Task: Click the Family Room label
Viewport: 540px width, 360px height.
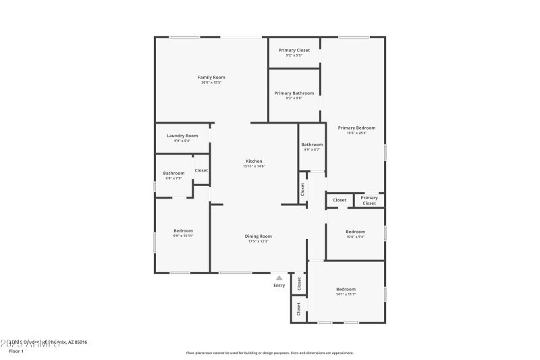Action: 211,77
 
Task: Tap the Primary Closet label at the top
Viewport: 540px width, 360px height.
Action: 294,50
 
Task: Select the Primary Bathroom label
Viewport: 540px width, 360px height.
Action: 294,93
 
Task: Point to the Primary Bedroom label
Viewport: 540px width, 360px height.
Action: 356,128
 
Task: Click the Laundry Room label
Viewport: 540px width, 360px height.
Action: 182,135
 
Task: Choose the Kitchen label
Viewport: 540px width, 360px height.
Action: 254,161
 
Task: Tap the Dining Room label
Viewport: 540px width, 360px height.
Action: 259,236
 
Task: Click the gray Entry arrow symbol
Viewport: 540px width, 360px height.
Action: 279,277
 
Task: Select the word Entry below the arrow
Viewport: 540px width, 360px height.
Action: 279,285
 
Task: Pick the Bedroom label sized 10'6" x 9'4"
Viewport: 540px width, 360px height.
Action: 355,232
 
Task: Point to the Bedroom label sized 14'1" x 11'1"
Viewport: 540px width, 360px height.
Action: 346,289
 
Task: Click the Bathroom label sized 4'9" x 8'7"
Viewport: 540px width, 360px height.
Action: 312,145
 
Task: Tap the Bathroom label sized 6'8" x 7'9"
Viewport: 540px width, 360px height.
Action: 173,173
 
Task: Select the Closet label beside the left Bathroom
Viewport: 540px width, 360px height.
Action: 201,170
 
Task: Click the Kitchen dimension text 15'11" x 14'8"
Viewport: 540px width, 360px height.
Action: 254,166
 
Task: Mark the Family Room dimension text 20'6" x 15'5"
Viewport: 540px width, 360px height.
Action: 211,82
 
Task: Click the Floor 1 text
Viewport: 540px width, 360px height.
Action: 16,351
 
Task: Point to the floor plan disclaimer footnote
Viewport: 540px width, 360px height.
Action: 269,353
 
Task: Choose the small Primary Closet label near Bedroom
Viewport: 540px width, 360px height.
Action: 369,201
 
